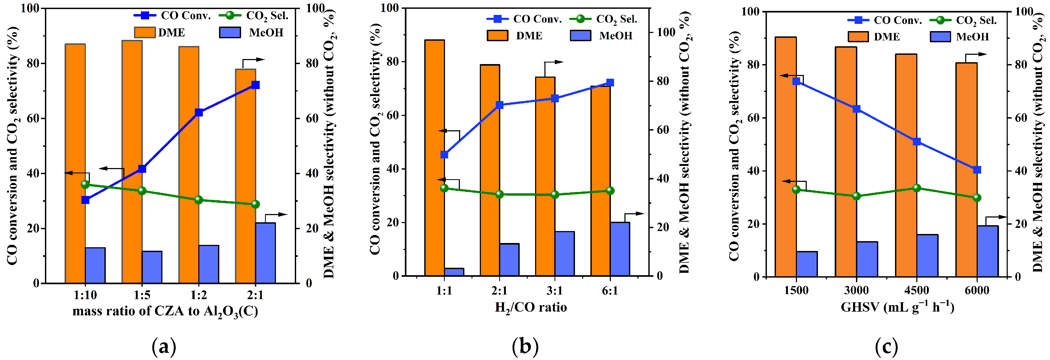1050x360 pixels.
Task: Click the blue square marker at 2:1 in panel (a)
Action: [x=255, y=85]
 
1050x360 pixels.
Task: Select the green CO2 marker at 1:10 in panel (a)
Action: [x=85, y=184]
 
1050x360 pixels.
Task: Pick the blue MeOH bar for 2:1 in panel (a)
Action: [x=265, y=253]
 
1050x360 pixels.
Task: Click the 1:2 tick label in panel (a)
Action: [x=199, y=295]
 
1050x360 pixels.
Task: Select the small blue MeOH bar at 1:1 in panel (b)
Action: [x=454, y=272]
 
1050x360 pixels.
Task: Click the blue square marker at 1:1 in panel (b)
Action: [x=444, y=154]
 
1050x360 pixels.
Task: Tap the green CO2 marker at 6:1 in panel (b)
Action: [x=610, y=190]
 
